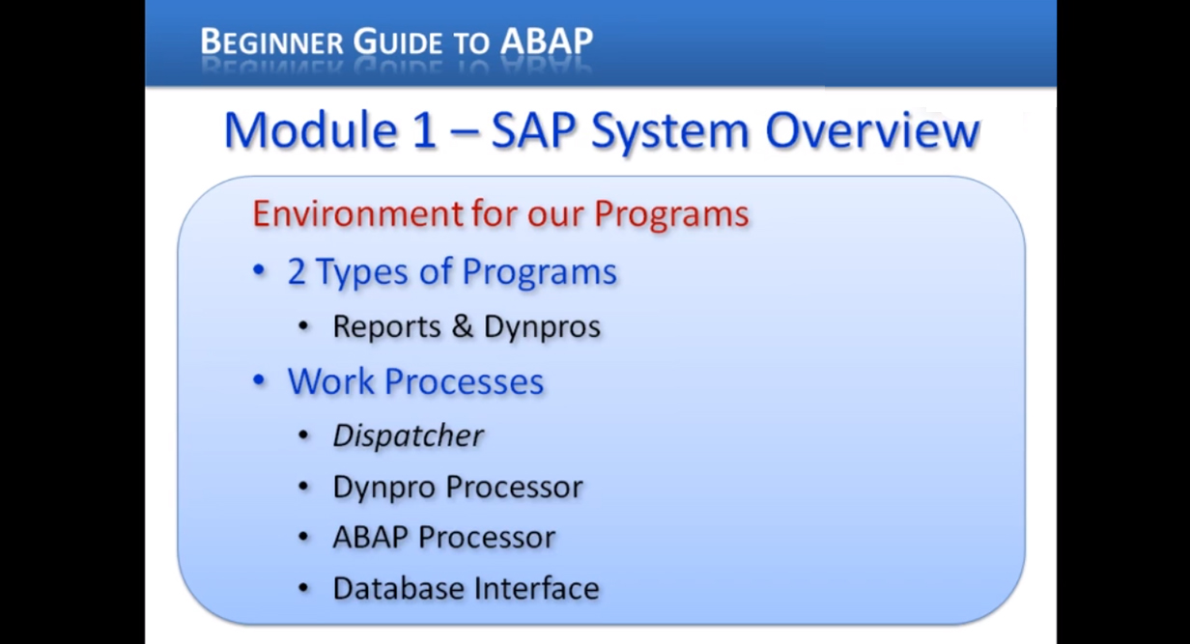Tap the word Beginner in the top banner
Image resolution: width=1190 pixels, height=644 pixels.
[x=272, y=42]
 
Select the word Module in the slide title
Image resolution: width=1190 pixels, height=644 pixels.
[x=310, y=130]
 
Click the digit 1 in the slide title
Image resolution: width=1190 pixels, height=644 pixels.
[x=424, y=130]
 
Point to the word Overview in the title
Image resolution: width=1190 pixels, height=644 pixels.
[x=873, y=130]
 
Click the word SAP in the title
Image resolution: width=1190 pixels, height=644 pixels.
[x=534, y=130]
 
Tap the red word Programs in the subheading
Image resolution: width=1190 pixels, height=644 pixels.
[x=671, y=213]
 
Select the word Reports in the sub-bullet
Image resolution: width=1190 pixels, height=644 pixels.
[x=386, y=326]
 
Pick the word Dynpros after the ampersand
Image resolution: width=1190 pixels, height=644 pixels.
[x=542, y=326]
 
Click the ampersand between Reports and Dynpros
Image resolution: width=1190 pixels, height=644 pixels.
[x=464, y=326]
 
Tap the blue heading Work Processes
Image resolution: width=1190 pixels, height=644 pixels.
[x=415, y=381]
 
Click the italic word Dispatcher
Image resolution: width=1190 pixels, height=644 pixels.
[x=408, y=435]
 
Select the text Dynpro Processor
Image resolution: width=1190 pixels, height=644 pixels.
[x=457, y=487]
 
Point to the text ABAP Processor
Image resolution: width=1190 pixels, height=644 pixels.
[x=443, y=537]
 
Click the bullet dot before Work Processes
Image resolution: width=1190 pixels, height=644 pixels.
[x=259, y=381]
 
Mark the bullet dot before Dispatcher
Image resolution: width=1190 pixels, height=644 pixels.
[x=304, y=435]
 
